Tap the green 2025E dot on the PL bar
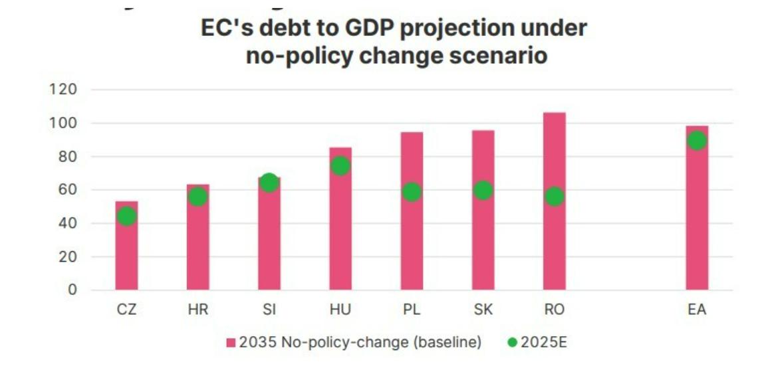(412, 192)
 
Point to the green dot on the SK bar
(483, 191)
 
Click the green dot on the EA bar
(697, 141)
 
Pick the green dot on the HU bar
(340, 166)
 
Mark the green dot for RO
(554, 196)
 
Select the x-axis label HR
(197, 310)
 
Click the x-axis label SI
(269, 310)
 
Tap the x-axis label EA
(697, 310)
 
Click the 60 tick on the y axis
(68, 190)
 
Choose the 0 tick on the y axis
(72, 290)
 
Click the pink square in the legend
(231, 343)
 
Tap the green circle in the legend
(512, 343)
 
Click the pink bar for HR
(197, 252)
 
